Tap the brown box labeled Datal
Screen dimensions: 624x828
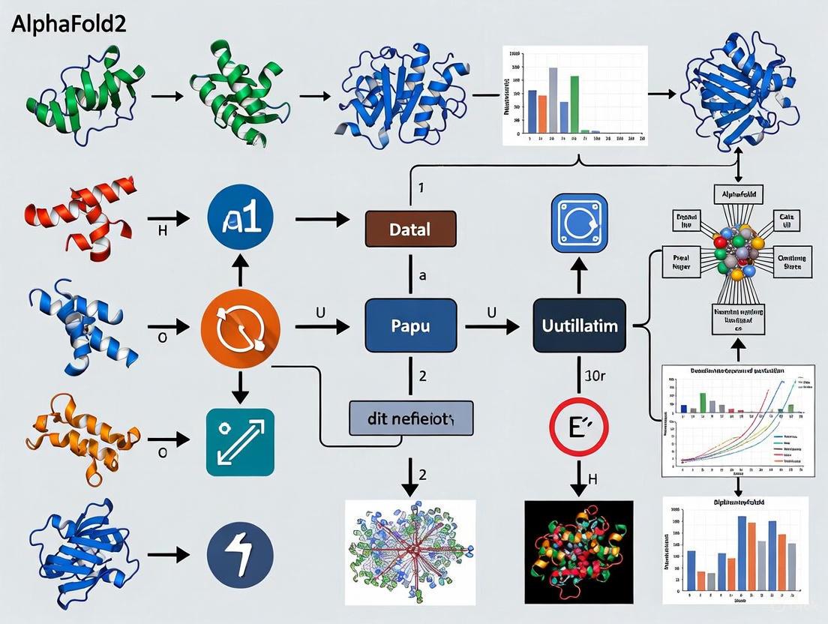[x=410, y=229]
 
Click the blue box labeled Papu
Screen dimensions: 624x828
[x=410, y=326]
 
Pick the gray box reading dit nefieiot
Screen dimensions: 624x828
[x=412, y=418]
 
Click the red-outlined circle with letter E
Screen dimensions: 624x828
[x=580, y=427]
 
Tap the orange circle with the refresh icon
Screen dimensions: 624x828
[x=240, y=327]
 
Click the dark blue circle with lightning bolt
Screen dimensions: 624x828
[x=240, y=556]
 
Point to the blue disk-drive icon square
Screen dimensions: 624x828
[x=580, y=223]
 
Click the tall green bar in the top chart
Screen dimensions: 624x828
[x=574, y=103]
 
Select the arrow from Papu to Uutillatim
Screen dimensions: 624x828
[x=491, y=327]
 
